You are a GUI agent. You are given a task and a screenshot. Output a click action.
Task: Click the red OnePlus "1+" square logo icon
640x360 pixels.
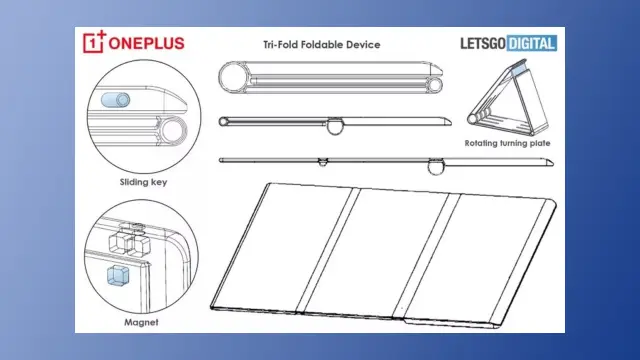click(x=94, y=42)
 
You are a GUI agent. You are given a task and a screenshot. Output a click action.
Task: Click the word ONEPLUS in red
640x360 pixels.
click(x=147, y=44)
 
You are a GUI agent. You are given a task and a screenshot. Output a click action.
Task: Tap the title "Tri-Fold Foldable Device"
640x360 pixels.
click(x=322, y=44)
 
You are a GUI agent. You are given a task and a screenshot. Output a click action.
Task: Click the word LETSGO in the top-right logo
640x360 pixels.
click(x=483, y=44)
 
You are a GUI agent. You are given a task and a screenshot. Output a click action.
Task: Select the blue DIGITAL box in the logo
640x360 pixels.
click(x=532, y=43)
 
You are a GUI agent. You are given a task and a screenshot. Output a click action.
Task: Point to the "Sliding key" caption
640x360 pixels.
click(x=143, y=182)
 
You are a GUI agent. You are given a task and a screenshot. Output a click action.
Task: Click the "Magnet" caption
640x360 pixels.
click(x=141, y=322)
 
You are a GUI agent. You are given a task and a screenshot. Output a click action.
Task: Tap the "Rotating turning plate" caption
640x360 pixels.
click(x=507, y=143)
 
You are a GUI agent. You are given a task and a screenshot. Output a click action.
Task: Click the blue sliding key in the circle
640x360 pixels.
click(x=116, y=100)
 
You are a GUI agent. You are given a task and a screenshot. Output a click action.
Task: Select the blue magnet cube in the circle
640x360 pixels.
click(x=118, y=275)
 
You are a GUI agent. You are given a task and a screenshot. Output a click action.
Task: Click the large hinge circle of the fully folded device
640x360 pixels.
click(x=233, y=77)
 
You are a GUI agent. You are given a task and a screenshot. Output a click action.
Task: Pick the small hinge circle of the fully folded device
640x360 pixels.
click(x=435, y=85)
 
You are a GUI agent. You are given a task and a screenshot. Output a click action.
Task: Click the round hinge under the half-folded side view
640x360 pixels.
click(x=335, y=127)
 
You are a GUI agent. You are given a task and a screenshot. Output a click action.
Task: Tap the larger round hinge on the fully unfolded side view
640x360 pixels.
click(x=436, y=167)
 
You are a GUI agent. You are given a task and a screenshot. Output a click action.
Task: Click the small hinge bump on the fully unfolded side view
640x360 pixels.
click(x=323, y=162)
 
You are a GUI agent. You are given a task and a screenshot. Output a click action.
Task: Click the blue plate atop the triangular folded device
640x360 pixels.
click(x=518, y=68)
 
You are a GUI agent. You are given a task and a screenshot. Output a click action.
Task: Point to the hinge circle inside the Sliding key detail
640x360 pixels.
click(x=173, y=130)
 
